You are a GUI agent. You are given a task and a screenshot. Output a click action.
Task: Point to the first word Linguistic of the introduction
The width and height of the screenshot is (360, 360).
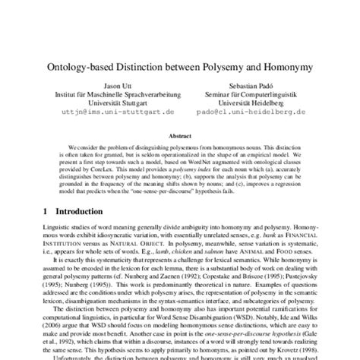(39, 227)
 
